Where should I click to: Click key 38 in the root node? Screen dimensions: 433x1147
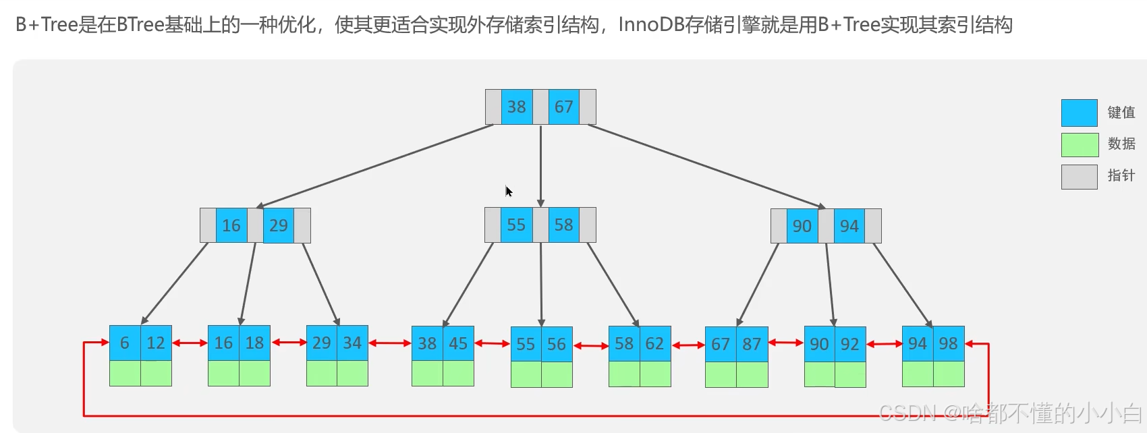517,107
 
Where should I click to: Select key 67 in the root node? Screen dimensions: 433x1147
563,107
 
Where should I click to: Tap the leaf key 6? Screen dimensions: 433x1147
125,343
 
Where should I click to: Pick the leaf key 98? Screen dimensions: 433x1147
948,343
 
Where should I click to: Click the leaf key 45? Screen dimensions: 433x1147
458,343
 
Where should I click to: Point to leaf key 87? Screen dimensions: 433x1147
752,344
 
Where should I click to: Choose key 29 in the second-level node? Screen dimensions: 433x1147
278,225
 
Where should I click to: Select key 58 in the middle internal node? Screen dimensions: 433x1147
563,225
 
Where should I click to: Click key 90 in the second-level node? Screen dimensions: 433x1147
802,226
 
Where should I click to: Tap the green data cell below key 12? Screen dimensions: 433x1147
156,373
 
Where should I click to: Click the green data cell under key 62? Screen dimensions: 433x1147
655,374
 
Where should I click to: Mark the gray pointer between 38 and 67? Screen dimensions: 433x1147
540,107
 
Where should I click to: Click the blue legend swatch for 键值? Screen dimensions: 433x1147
1079,113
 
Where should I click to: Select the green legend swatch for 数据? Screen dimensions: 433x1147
1079,144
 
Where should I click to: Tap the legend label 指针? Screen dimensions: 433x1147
1121,175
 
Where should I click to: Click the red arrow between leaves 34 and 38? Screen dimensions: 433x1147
390,343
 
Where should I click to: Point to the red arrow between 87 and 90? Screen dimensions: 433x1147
786,343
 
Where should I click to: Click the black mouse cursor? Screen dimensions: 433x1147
509,192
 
